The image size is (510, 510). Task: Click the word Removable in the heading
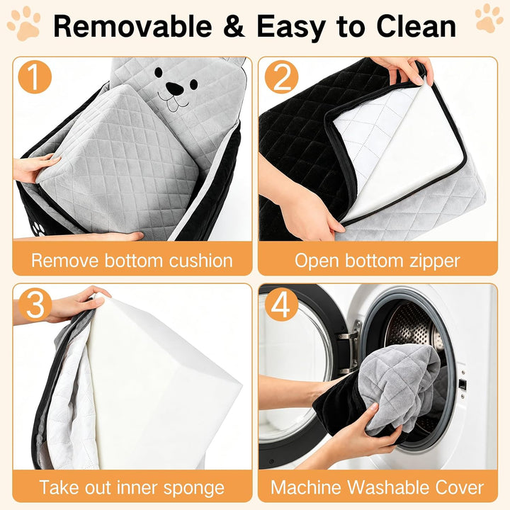click(132, 26)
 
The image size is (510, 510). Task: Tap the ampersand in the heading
click(234, 26)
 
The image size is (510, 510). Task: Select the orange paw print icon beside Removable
click(24, 23)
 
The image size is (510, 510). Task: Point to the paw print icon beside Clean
click(489, 18)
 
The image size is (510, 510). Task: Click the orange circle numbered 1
click(35, 77)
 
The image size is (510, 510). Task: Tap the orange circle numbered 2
click(281, 77)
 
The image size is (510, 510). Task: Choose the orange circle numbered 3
click(35, 305)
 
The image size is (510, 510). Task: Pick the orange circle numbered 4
click(281, 305)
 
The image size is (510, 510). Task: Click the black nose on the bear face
click(174, 88)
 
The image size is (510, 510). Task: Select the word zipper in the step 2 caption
click(434, 261)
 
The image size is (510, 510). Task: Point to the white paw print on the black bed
click(39, 228)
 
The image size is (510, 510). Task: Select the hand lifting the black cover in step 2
click(403, 70)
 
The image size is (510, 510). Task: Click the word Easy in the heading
click(291, 28)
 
